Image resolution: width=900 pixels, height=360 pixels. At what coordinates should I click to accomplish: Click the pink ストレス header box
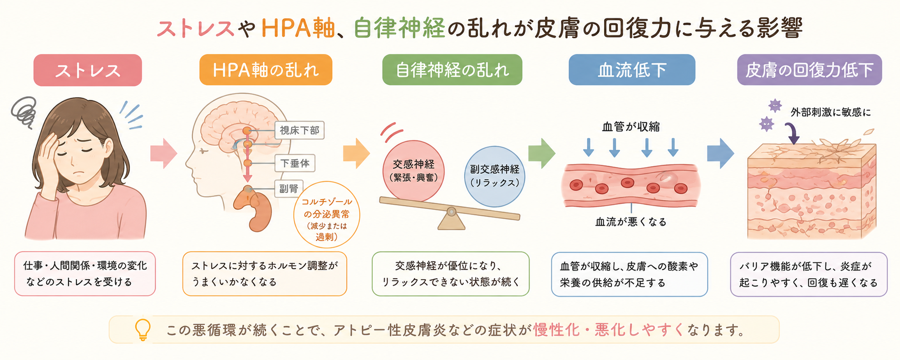point(88,70)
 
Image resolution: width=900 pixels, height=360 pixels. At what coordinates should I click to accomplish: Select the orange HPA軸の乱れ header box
point(266,70)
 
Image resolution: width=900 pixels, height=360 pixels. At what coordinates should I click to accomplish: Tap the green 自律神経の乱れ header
point(452,70)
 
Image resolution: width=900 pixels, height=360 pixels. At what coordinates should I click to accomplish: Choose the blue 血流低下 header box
point(632,70)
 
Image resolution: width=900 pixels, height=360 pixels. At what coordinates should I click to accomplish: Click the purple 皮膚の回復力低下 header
point(809,70)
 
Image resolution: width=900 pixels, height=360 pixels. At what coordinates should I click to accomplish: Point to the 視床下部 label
point(300,130)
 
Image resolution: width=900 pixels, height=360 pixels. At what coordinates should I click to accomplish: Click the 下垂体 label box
point(295,163)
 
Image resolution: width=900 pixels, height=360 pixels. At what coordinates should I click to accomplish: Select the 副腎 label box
point(289,188)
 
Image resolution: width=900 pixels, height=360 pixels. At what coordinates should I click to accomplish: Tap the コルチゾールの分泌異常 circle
point(327,215)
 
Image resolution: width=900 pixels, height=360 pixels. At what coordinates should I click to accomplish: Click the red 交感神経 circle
point(413,171)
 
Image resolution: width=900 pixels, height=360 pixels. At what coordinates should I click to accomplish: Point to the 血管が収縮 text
point(631,127)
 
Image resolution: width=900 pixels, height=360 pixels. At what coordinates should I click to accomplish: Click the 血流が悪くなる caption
point(631,222)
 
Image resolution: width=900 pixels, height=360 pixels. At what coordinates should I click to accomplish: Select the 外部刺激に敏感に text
point(831,112)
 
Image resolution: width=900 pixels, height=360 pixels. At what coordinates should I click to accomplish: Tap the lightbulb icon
point(143,330)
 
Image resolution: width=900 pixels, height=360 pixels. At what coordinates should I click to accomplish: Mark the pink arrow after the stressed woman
point(163,153)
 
